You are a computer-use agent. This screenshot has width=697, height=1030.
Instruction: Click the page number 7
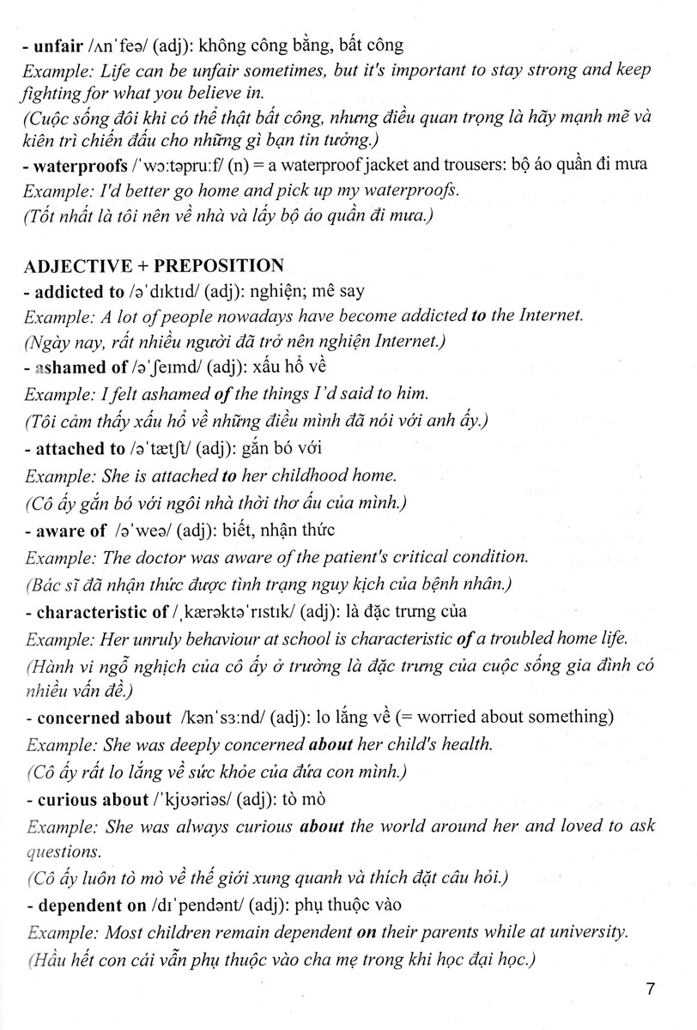[x=651, y=990]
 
